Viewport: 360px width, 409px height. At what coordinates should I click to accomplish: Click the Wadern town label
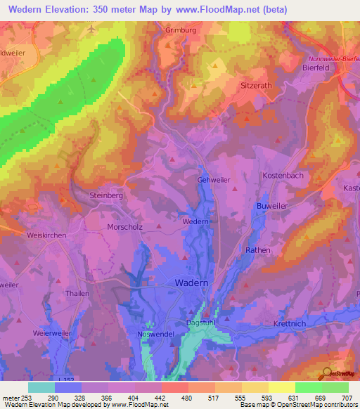pos(191,283)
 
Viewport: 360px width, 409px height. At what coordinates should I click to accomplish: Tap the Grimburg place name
pos(179,30)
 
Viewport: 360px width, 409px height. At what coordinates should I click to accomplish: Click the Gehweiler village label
pos(214,180)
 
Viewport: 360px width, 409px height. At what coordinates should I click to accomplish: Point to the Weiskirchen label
pos(46,235)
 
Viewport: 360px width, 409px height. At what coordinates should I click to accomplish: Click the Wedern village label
pos(196,221)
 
